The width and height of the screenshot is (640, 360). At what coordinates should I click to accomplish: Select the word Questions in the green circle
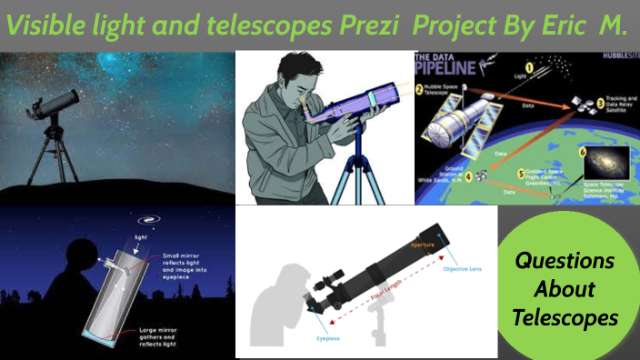point(565,262)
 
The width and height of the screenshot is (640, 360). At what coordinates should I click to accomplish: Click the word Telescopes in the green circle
point(565,318)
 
